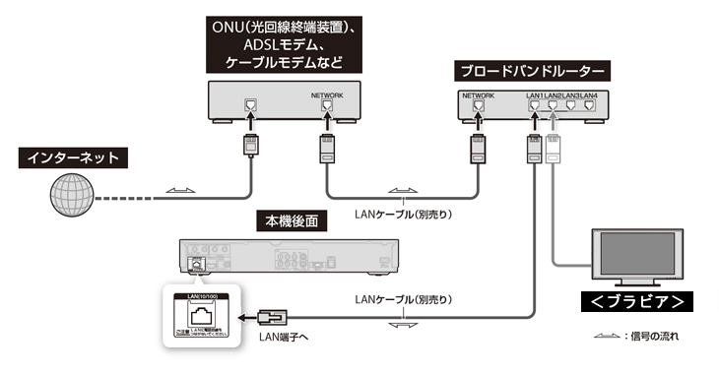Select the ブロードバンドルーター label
(x=532, y=72)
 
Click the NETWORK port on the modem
(x=329, y=107)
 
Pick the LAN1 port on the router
(x=535, y=106)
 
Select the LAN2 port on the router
(x=553, y=106)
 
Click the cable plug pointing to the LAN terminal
(x=271, y=317)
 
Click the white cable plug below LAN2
(x=553, y=151)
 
